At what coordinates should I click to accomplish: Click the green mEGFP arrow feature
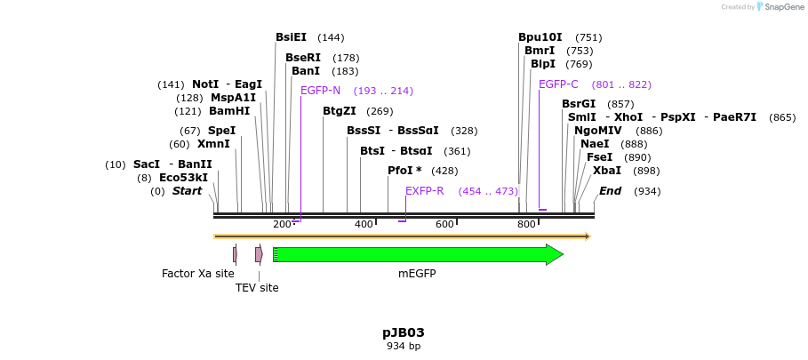coord(418,254)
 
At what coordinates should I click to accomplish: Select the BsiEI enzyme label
coord(291,37)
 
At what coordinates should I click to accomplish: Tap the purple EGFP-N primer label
coord(320,91)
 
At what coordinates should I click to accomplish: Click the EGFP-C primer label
coord(558,84)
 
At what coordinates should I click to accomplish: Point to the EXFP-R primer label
coord(424,191)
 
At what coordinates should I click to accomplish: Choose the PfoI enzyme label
coord(404,171)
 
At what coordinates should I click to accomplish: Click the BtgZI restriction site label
coord(339,111)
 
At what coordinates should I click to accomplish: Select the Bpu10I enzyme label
coord(540,37)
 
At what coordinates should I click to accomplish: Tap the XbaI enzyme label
coord(607,171)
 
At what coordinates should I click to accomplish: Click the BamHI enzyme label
coord(229,111)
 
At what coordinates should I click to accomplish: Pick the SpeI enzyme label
coord(221,131)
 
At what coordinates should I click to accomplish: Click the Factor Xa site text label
coord(198,274)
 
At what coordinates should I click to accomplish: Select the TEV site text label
coord(257,288)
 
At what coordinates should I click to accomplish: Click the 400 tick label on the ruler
coord(364,225)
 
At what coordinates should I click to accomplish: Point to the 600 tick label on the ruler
coord(444,225)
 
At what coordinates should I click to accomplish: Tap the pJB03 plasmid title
coord(404,333)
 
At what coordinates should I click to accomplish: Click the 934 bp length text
coord(404,347)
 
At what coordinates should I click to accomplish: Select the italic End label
coord(611,191)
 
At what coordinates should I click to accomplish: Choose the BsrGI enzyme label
coord(579,104)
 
